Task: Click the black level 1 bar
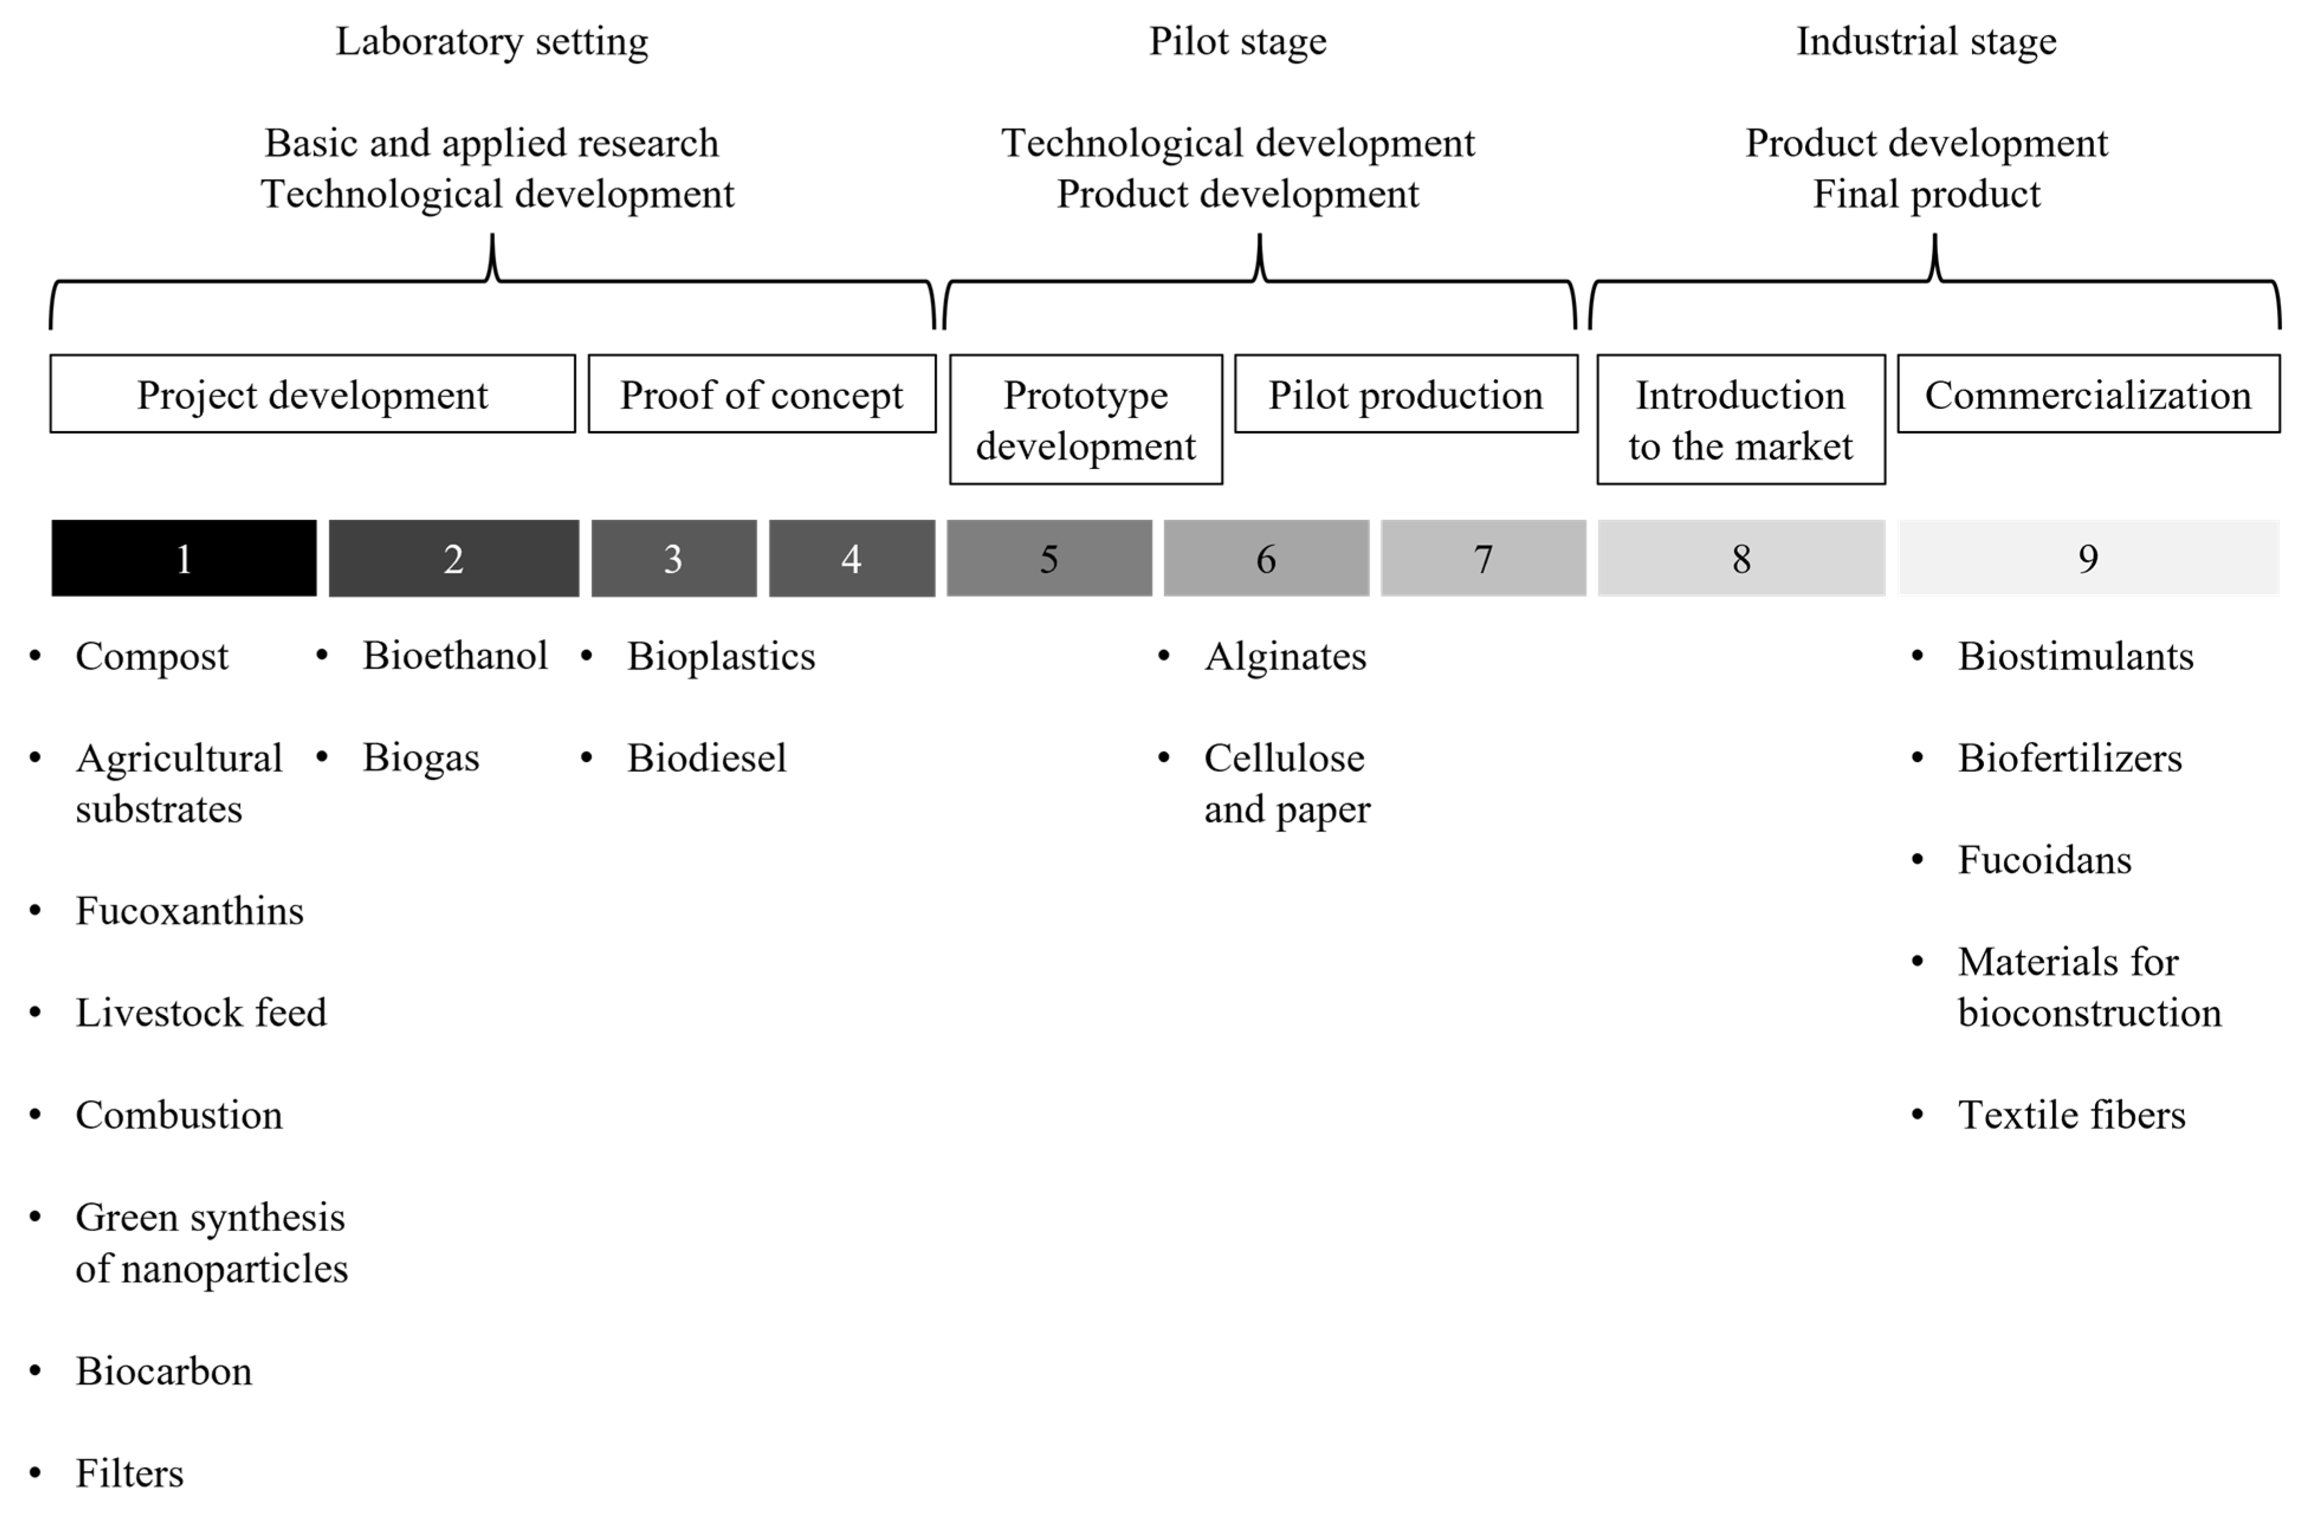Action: [184, 558]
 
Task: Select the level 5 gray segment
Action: [1049, 558]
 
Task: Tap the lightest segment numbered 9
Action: [2088, 558]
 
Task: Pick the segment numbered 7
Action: [1482, 558]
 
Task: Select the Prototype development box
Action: [1086, 419]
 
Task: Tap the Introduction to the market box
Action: [1740, 419]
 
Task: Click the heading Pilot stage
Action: [1238, 41]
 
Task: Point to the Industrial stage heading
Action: [1927, 41]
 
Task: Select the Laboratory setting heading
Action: [492, 41]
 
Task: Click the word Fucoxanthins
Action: [190, 911]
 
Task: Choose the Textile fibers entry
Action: [2071, 1115]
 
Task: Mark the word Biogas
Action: [420, 758]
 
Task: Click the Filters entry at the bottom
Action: [130, 1473]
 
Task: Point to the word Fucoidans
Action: [2044, 860]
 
